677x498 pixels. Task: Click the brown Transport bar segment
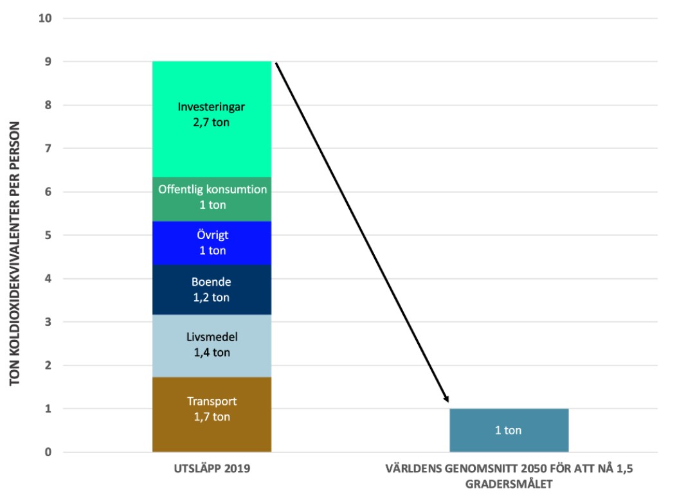coord(212,414)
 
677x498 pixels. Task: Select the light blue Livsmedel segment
coord(212,346)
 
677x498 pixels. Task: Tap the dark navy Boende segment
coord(212,290)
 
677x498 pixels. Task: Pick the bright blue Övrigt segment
coord(212,243)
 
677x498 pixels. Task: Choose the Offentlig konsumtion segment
coord(212,199)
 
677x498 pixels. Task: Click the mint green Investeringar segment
coord(212,119)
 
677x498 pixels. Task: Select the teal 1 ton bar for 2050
coord(509,431)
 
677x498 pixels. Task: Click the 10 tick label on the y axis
coord(45,18)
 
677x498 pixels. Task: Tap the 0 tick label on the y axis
coord(48,452)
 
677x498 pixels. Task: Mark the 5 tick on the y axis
coord(48,235)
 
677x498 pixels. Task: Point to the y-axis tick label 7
coord(48,148)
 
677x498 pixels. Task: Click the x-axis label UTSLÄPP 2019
coord(212,468)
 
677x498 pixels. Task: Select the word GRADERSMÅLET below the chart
coord(509,485)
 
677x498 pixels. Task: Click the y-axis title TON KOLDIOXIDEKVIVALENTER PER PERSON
coord(15,254)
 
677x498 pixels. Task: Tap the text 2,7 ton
coord(211,123)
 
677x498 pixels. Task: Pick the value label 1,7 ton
coord(212,417)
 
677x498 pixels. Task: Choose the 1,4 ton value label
coord(212,353)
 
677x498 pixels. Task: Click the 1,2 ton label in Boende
coord(211,298)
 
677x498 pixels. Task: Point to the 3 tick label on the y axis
coord(48,322)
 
